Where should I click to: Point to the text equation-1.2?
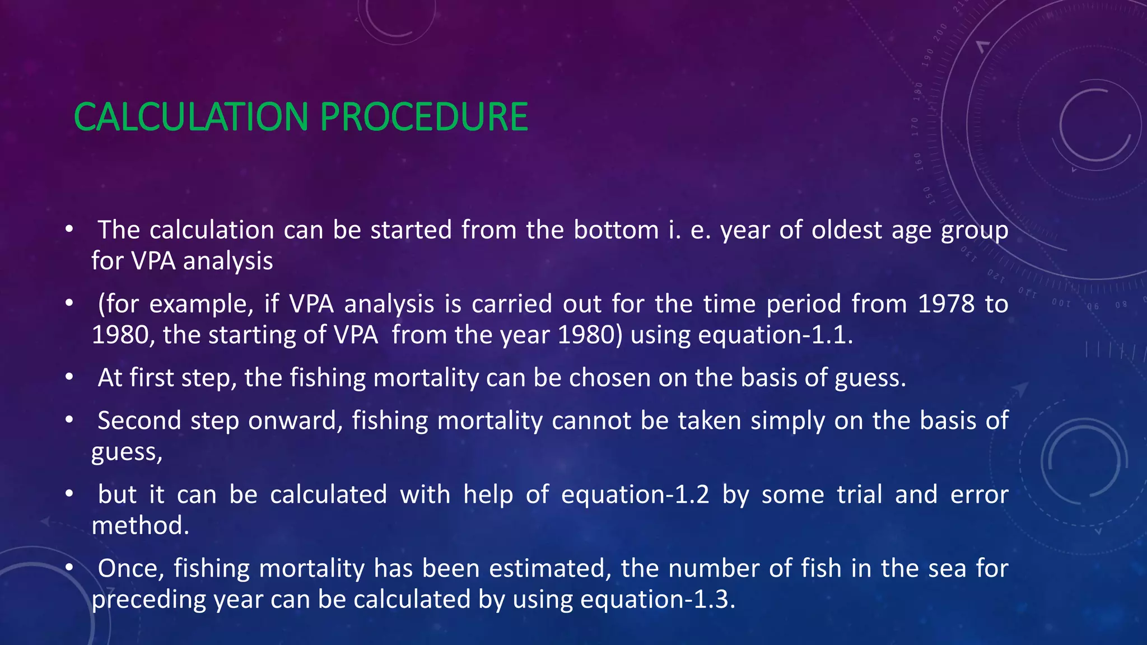pos(635,495)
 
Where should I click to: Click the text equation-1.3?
pos(658,600)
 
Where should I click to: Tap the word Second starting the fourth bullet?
pos(139,420)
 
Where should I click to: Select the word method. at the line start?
pos(141,526)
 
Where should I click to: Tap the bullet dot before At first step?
pos(69,378)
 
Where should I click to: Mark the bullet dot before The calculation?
pos(69,230)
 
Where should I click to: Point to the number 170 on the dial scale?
pos(915,127)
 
